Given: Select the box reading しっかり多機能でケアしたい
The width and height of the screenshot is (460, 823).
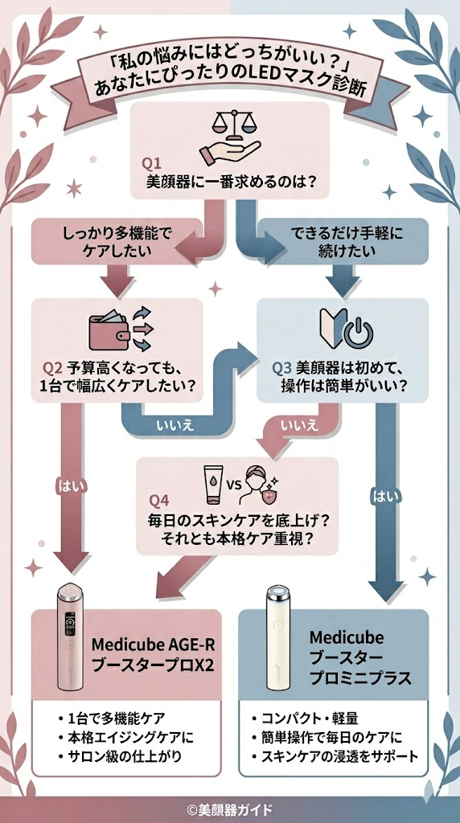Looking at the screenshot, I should tap(117, 242).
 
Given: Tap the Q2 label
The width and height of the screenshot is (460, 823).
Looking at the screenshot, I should tap(52, 368).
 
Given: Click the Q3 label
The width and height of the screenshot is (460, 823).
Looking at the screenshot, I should tap(281, 368).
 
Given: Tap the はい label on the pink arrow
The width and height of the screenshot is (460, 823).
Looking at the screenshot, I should tap(66, 485).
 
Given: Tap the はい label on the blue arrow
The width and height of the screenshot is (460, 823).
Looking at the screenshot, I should tap(381, 496).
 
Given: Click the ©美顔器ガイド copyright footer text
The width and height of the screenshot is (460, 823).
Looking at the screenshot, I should tap(230, 809).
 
